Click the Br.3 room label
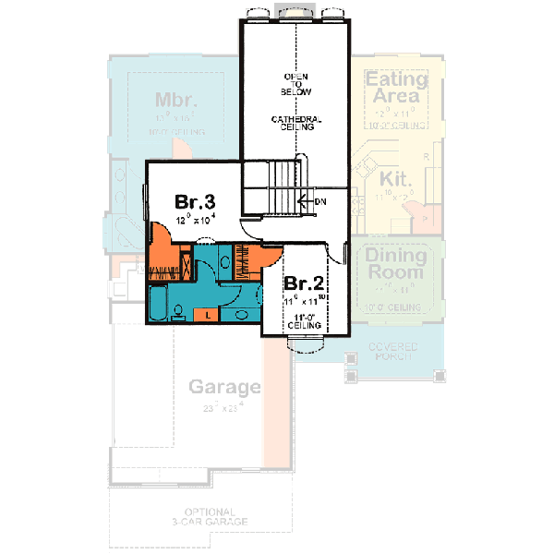click(x=196, y=202)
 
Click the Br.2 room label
click(x=303, y=283)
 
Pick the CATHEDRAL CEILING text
click(x=295, y=124)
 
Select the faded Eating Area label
click(x=396, y=88)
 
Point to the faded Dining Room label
click(x=394, y=263)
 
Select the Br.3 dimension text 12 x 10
click(x=196, y=220)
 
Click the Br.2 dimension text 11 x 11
click(x=303, y=301)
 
